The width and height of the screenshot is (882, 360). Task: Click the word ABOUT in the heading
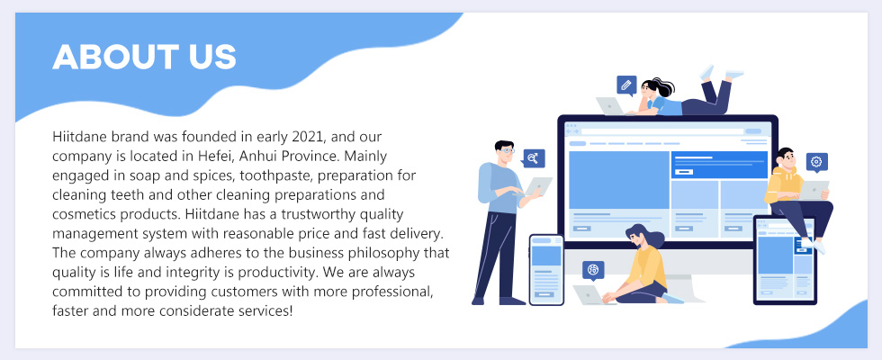(x=112, y=57)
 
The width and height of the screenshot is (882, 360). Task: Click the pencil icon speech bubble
(x=626, y=86)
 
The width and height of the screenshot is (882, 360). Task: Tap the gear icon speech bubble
(x=816, y=163)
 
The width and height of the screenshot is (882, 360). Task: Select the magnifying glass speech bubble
(x=533, y=158)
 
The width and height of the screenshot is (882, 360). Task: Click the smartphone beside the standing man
(x=546, y=269)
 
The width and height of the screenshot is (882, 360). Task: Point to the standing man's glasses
(x=506, y=150)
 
